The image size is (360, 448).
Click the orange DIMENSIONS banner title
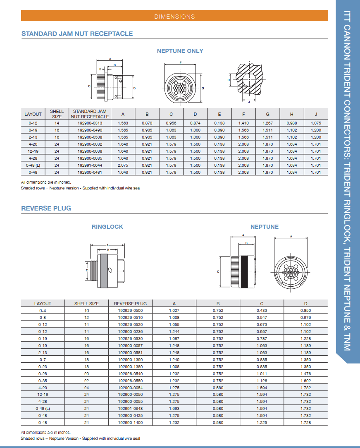pyautogui.click(x=174, y=17)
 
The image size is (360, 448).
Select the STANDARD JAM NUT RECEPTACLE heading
pyautogui.click(x=77, y=34)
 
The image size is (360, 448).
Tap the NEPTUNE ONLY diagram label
pyautogui.click(x=180, y=51)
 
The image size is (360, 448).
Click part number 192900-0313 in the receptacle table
pyautogui.click(x=90, y=123)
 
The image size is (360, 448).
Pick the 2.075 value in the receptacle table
pyautogui.click(x=122, y=165)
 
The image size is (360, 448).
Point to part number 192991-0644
pyautogui.click(x=90, y=165)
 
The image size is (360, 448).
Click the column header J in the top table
pyautogui.click(x=316, y=114)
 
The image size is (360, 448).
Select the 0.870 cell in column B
pyautogui.click(x=147, y=123)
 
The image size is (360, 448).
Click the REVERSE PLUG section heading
pyautogui.click(x=46, y=208)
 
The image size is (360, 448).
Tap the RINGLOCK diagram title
pyautogui.click(x=107, y=227)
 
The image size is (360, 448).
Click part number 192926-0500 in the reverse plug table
pyautogui.click(x=130, y=311)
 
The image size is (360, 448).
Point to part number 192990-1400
pyautogui.click(x=130, y=423)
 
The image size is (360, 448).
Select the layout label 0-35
pyautogui.click(x=43, y=381)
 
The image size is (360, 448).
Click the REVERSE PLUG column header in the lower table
pyautogui.click(x=130, y=304)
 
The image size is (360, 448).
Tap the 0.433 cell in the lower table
pyautogui.click(x=262, y=311)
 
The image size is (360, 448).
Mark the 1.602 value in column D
pyautogui.click(x=305, y=381)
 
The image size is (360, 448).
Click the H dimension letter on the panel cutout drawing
pyautogui.click(x=229, y=80)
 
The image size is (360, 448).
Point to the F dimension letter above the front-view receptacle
pyautogui.click(x=181, y=62)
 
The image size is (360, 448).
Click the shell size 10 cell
pyautogui.click(x=86, y=311)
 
